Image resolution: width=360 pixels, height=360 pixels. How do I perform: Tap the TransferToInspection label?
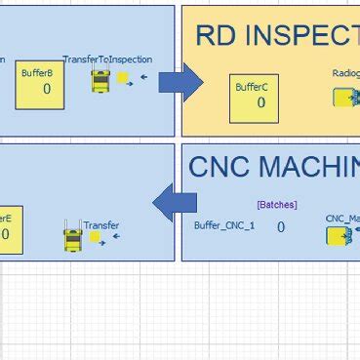(107, 60)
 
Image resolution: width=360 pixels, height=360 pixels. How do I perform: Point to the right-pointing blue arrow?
(180, 83)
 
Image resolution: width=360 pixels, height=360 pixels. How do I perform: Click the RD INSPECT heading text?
(277, 36)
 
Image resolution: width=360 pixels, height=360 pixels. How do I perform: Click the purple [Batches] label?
(276, 205)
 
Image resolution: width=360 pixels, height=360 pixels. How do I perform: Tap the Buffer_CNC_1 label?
(224, 226)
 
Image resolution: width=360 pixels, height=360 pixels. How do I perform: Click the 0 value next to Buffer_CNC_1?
(280, 227)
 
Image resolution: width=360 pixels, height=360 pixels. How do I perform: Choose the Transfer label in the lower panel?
(100, 225)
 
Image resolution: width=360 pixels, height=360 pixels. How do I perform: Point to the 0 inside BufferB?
(46, 89)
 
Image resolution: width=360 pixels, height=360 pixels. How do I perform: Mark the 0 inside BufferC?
(260, 102)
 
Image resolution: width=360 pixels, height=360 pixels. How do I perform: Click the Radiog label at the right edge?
(345, 72)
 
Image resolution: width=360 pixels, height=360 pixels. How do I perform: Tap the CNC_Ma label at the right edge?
(342, 219)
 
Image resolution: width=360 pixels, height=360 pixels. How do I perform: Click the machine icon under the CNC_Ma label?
(343, 237)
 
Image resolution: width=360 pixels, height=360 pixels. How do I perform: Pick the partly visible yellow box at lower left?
(9, 230)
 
